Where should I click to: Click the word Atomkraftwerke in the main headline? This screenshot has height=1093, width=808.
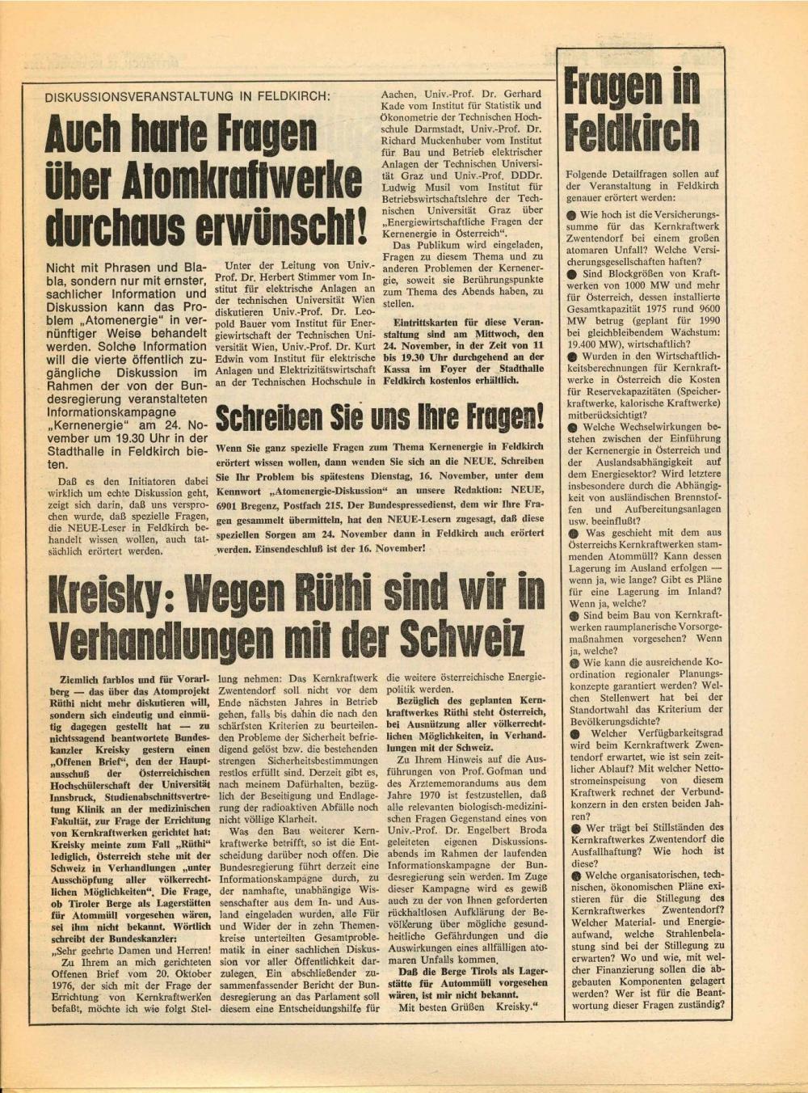[x=246, y=181]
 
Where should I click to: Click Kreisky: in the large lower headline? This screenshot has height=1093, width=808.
[x=106, y=596]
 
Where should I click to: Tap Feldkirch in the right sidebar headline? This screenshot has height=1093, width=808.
[x=632, y=133]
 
